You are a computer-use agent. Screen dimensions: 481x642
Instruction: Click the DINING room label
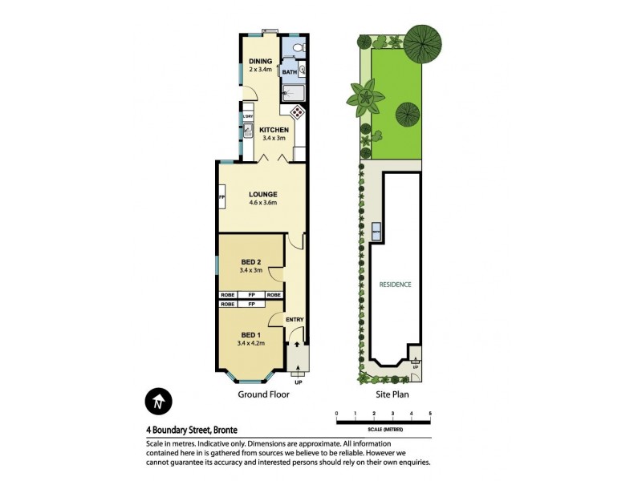pos(260,61)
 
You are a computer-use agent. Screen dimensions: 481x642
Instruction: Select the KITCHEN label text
pos(273,129)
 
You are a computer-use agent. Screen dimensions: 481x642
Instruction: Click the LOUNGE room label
pos(262,194)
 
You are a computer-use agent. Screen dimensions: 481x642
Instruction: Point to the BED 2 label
pos(252,261)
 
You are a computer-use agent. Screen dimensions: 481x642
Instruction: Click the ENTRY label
pos(295,320)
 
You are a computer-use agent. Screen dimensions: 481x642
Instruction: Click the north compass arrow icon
pos(158,400)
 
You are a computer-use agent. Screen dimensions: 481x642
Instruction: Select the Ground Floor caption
pos(262,395)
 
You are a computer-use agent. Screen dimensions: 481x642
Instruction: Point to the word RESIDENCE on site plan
pos(396,284)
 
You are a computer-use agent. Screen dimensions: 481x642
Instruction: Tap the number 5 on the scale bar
pos(430,413)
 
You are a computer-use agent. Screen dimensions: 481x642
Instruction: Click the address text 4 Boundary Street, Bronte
pos(192,429)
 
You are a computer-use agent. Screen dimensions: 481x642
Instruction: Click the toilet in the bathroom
pos(298,50)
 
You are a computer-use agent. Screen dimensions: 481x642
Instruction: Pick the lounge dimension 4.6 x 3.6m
pos(262,203)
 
